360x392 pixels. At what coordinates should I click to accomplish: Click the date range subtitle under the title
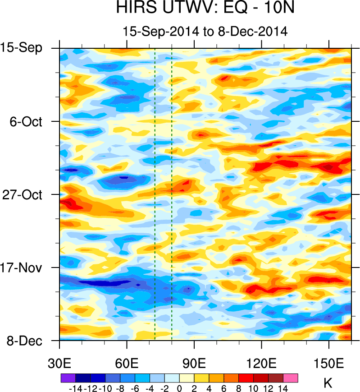coord(205,32)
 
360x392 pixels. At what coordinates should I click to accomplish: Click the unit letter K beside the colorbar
coord(328,384)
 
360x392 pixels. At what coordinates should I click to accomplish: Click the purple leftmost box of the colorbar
coord(68,378)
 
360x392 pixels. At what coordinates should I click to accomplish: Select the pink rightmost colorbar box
coord(291,378)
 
